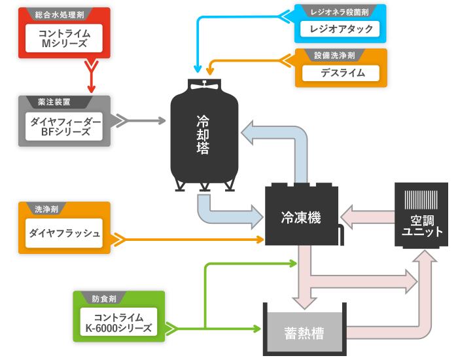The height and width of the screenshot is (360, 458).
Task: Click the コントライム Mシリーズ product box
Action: click(63, 37)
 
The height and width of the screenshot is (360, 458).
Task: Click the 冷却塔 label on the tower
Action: click(203, 135)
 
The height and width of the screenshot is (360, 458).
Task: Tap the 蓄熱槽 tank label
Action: click(304, 333)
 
